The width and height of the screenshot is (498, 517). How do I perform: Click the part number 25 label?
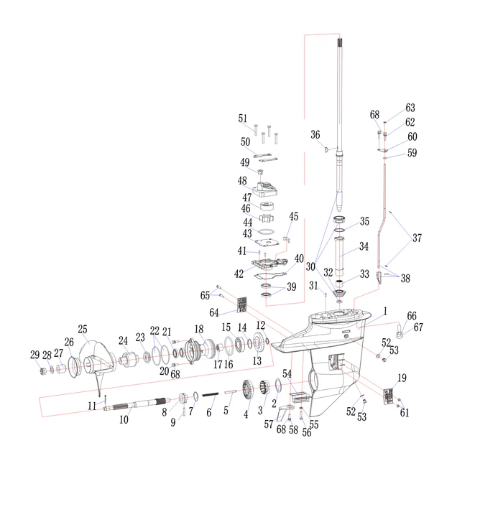click(x=83, y=330)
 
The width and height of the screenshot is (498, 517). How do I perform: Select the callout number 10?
click(x=124, y=419)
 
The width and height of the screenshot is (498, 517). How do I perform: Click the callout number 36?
click(x=315, y=134)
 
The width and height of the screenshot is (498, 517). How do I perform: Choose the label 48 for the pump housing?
click(x=242, y=180)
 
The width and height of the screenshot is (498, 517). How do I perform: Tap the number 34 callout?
click(x=364, y=246)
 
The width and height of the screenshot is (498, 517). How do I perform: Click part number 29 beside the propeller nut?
click(x=34, y=355)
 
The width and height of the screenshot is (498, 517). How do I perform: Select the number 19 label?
click(x=402, y=378)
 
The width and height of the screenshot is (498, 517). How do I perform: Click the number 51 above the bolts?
click(x=242, y=118)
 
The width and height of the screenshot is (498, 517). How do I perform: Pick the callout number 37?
click(x=417, y=238)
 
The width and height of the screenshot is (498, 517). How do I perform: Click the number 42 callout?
click(x=239, y=273)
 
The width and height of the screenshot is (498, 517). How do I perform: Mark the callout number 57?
click(x=268, y=424)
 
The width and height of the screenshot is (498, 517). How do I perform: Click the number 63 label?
click(x=410, y=108)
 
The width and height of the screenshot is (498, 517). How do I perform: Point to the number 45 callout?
click(x=293, y=216)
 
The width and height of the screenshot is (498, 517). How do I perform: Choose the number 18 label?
click(x=199, y=329)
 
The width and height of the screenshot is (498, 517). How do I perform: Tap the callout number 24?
click(x=123, y=340)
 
